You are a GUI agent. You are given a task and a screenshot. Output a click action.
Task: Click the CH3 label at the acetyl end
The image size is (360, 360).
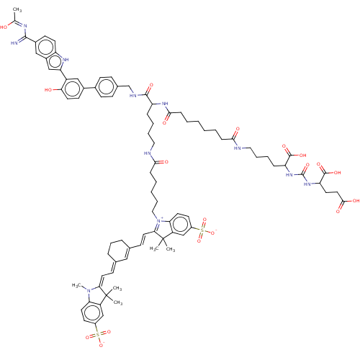click(17, 10)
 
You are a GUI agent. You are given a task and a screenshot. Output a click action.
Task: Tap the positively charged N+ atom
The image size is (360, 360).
click(159, 220)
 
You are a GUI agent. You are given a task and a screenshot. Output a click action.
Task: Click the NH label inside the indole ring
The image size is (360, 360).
click(65, 59)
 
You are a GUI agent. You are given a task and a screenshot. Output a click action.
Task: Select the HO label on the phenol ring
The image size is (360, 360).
click(48, 90)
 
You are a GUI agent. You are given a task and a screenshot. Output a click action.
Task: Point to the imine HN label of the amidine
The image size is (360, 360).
click(14, 43)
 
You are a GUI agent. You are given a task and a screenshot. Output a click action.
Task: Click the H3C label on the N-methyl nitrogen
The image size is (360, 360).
click(76, 285)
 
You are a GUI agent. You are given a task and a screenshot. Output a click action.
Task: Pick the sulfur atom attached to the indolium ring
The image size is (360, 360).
click(202, 230)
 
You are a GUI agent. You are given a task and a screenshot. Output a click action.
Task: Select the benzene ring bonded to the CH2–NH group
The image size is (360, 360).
click(107, 87)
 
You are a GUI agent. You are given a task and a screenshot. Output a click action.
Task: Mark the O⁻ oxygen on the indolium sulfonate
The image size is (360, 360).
click(213, 232)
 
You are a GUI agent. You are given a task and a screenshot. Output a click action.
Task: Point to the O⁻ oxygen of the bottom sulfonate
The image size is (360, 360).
click(102, 346)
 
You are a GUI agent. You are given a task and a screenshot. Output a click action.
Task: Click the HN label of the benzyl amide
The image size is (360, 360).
click(133, 96)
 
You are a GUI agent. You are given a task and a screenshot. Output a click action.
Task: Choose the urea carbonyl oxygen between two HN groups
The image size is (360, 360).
click(307, 165)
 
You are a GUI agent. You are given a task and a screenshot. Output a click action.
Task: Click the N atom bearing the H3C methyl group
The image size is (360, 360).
click(89, 290)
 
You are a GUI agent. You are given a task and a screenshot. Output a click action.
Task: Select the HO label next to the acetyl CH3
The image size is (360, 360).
click(4, 27)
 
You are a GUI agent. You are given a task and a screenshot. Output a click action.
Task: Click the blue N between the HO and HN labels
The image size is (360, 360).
click(25, 26)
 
